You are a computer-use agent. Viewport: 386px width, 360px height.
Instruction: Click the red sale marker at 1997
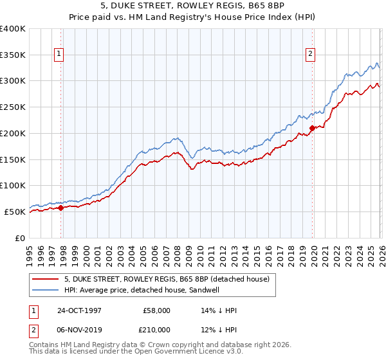(x=61, y=208)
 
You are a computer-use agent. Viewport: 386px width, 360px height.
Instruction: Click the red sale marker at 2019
(x=312, y=128)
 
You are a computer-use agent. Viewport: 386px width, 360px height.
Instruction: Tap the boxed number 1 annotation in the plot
(x=59, y=55)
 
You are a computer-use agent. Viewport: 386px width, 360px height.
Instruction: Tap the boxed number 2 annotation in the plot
(x=310, y=55)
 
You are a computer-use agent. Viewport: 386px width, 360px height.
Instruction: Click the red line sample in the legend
(x=46, y=279)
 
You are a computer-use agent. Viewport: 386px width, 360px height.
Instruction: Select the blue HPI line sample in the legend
(x=46, y=290)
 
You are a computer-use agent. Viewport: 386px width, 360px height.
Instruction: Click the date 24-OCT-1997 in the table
(x=79, y=310)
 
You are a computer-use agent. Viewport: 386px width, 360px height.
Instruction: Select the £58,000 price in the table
(x=156, y=310)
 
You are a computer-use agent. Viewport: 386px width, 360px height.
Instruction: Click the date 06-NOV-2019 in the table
(x=79, y=330)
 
